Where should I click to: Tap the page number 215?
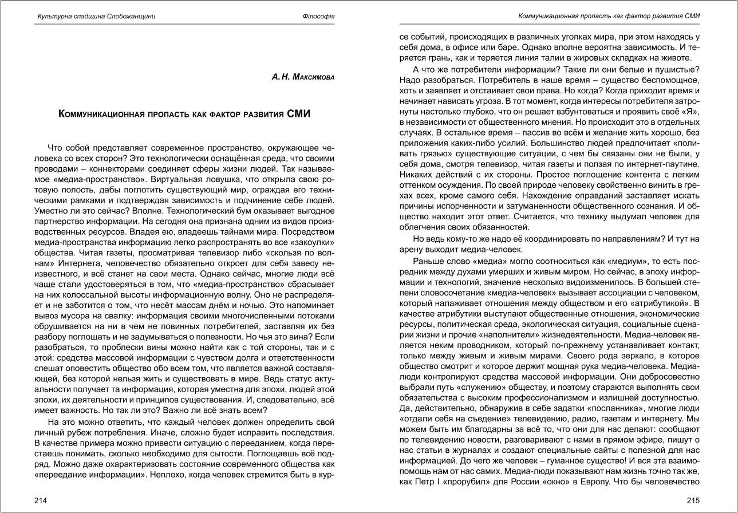(694, 500)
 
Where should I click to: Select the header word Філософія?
(318, 16)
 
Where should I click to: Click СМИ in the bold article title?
(297, 114)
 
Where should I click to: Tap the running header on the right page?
(609, 15)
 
